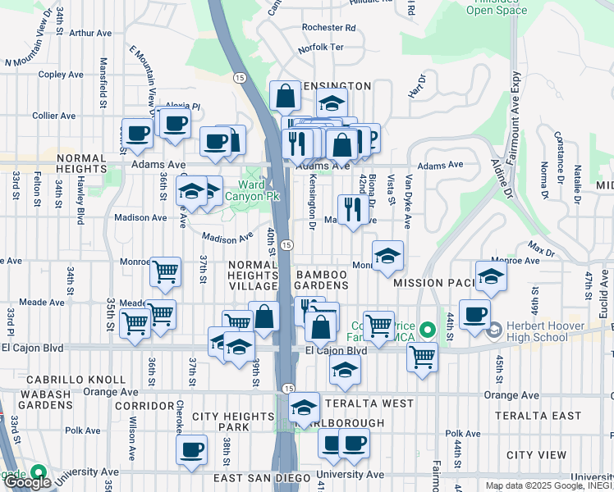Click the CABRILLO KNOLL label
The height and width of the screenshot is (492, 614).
click(76, 380)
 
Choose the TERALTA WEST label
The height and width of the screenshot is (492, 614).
click(369, 403)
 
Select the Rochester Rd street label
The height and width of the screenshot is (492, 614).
click(328, 27)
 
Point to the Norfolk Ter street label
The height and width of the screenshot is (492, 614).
click(321, 48)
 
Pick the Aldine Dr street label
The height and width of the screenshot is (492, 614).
click(502, 177)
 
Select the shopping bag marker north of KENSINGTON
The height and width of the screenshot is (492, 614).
click(285, 96)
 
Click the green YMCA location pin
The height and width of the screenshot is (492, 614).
click(426, 330)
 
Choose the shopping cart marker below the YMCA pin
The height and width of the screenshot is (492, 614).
click(422, 356)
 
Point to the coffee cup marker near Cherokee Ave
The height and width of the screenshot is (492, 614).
click(191, 449)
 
